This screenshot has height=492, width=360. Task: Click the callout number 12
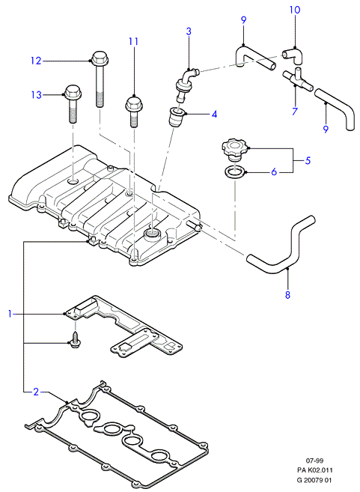(36, 60)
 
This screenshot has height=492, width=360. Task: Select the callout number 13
(37, 94)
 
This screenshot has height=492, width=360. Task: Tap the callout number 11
(133, 41)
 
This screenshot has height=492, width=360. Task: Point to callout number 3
(189, 31)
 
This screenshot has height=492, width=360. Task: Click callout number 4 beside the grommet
(214, 114)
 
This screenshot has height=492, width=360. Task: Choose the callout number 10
(295, 10)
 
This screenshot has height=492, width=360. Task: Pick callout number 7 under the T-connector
(294, 112)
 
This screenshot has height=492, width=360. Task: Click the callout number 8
(287, 294)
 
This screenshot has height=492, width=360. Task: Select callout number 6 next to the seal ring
(274, 171)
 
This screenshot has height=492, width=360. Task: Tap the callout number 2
(36, 392)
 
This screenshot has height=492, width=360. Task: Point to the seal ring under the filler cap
(234, 173)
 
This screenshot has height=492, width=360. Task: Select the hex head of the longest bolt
(98, 58)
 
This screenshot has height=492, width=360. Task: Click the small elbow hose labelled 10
(294, 55)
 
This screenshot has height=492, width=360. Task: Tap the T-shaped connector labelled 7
(297, 79)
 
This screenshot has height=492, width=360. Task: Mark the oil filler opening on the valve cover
(152, 234)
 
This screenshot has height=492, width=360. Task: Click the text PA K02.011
(314, 470)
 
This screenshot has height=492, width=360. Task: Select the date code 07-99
(314, 461)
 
